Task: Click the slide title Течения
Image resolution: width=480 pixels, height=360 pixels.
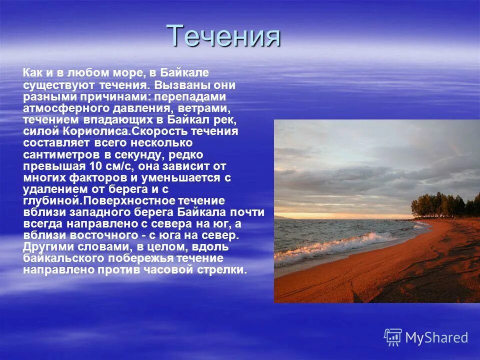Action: (x=223, y=36)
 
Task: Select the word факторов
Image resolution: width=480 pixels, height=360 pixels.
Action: (x=95, y=177)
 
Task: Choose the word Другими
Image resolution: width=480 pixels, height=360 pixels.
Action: (x=48, y=247)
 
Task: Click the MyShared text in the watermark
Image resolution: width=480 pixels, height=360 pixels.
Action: (x=436, y=337)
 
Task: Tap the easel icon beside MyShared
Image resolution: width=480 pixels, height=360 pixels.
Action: (x=393, y=337)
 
